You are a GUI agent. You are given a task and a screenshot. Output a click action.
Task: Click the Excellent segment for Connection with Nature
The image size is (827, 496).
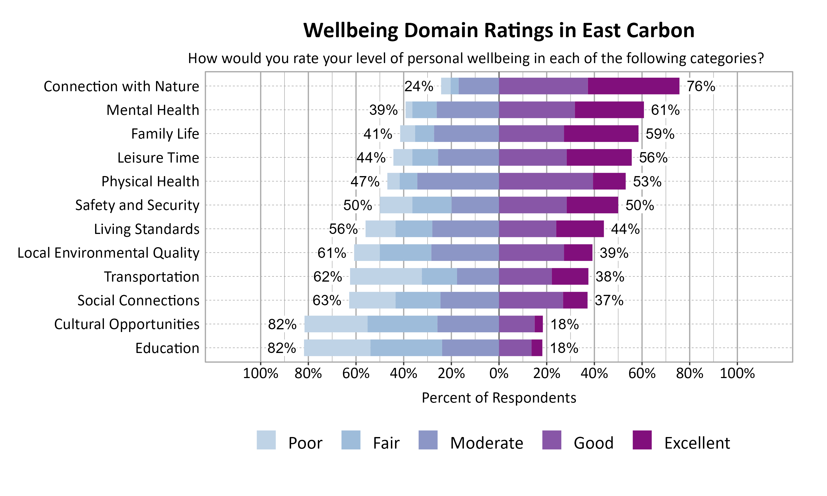click(633, 86)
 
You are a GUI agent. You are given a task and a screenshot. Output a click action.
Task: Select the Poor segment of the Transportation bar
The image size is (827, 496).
click(386, 276)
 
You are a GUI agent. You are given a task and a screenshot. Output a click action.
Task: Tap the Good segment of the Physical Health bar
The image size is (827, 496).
click(546, 181)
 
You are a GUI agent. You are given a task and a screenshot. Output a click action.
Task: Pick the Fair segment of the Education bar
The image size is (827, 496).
click(406, 348)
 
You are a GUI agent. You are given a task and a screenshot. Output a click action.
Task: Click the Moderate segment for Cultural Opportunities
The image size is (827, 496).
click(468, 324)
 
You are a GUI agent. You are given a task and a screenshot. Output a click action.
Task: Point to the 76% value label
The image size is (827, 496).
click(701, 86)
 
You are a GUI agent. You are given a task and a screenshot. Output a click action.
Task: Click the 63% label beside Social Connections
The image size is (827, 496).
click(327, 300)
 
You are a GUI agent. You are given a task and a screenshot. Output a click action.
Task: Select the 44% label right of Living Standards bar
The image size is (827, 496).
click(625, 229)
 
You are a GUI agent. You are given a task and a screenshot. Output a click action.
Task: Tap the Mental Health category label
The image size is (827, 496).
click(152, 110)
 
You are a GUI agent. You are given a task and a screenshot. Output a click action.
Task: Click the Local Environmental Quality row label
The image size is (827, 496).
click(108, 253)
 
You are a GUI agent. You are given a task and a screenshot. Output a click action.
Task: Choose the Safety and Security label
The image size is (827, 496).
click(137, 205)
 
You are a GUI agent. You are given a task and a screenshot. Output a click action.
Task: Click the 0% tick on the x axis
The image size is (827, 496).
click(499, 373)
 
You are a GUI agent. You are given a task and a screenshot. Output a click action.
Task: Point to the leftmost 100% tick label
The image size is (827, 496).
click(261, 373)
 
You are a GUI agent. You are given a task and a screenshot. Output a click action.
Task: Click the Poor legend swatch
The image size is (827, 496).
click(266, 440)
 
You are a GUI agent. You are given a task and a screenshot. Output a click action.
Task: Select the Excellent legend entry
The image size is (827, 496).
click(697, 443)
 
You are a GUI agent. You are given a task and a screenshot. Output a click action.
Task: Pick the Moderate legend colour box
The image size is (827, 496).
click(428, 440)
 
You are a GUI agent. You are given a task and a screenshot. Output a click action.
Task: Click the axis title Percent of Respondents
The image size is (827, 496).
click(499, 398)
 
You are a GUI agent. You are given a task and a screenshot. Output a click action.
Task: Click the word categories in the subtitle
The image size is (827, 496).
click(724, 58)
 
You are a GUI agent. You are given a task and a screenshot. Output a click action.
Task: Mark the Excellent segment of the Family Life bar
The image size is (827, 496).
click(601, 134)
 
